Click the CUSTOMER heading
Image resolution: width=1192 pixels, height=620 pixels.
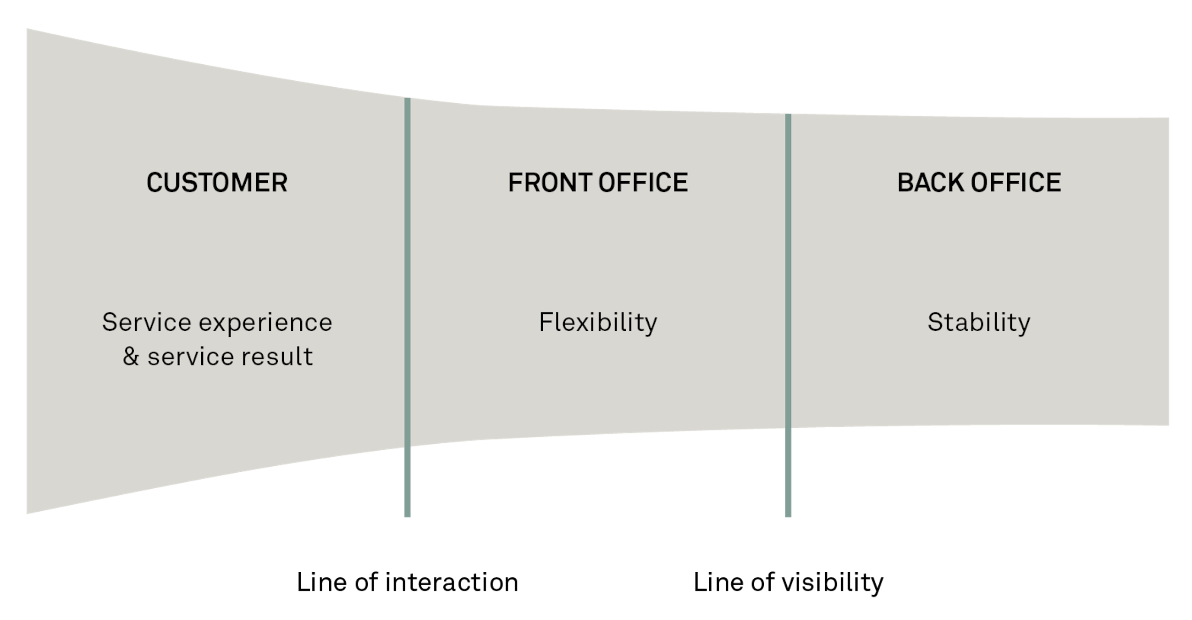(x=217, y=183)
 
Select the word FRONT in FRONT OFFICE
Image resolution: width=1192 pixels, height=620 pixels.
(x=549, y=183)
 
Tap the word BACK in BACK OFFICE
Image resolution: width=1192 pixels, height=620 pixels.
(x=930, y=183)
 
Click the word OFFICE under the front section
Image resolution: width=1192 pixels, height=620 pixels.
(x=643, y=183)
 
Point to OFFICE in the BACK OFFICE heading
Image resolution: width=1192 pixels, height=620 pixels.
(x=1015, y=183)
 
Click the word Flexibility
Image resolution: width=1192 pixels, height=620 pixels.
(x=598, y=323)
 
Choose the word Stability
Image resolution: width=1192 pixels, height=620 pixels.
(x=979, y=323)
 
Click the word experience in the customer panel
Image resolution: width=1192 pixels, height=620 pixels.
(x=265, y=323)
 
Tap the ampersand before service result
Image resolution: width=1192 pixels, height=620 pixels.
(x=131, y=357)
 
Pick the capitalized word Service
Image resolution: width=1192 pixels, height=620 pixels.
(x=146, y=322)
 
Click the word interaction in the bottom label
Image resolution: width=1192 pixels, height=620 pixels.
(x=452, y=582)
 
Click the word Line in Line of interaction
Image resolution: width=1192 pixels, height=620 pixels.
(x=321, y=582)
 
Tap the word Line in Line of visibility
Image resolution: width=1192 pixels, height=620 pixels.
(x=718, y=582)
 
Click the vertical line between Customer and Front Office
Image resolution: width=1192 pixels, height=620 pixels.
(x=407, y=306)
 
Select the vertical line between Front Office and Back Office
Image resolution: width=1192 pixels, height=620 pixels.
(x=788, y=315)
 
